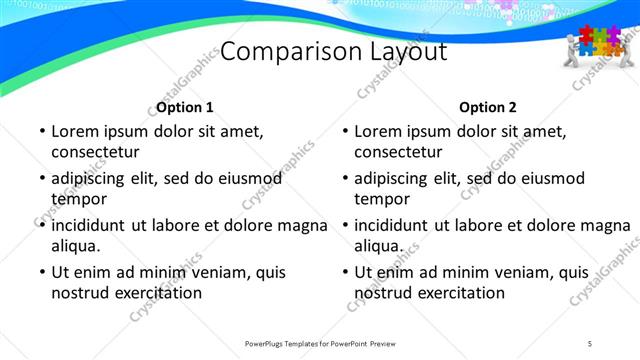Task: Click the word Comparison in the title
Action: point(276,52)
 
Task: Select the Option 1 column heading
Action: point(185,107)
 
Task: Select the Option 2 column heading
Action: point(488,107)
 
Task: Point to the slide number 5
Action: point(590,343)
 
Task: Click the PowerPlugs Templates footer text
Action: point(321,343)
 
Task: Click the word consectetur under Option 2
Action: point(397,152)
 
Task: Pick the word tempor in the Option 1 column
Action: point(77,199)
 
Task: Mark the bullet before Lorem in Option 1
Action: point(40,132)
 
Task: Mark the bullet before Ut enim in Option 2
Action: point(343,273)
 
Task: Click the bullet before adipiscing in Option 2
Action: point(343,179)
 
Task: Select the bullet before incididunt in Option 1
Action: point(40,226)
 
